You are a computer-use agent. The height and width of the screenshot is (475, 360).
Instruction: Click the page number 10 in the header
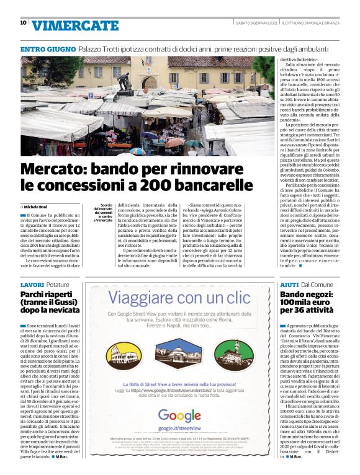coord(23,23)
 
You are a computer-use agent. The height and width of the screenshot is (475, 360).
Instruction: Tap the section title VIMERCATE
coord(74,25)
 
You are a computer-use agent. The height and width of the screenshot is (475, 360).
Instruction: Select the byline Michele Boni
coord(37,206)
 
